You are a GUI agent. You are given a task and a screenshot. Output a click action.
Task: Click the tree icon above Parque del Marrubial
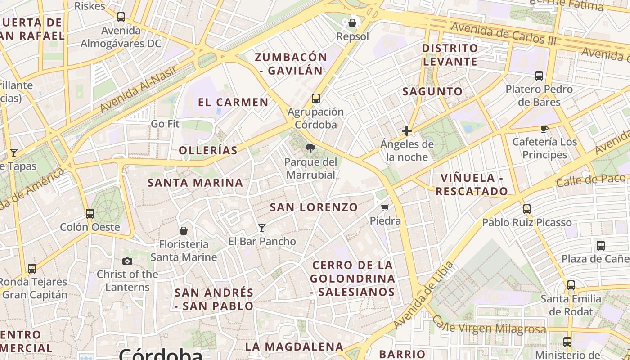(310, 148)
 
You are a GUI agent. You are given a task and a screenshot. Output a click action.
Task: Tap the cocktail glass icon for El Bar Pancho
(262, 228)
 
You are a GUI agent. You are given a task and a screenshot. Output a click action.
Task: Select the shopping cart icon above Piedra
(385, 208)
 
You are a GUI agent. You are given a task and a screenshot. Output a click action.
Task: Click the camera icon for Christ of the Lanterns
(127, 261)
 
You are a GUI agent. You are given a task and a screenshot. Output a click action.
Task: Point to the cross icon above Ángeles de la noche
(407, 131)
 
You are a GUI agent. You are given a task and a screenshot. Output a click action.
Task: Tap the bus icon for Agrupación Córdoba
(316, 99)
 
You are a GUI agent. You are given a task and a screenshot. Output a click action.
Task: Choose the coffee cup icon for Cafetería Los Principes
(544, 129)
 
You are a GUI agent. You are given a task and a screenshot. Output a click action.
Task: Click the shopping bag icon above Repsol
(353, 22)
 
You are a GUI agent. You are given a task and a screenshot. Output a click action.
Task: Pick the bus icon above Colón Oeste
(90, 213)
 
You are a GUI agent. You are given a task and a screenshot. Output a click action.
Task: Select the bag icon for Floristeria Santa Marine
(183, 231)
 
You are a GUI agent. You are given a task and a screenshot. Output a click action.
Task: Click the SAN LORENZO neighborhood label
(314, 207)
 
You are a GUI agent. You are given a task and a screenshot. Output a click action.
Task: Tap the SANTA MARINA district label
(195, 183)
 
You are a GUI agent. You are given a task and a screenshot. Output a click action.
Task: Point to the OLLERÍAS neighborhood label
(208, 150)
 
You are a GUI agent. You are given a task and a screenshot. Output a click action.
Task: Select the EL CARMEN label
(233, 102)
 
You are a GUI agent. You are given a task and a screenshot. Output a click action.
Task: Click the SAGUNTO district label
(432, 91)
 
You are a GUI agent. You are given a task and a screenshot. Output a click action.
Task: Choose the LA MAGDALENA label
(294, 347)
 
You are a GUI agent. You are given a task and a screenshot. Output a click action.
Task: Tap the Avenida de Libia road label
(423, 295)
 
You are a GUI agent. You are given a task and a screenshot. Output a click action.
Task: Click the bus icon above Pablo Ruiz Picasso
(527, 209)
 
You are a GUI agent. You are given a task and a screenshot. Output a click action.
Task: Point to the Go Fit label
(165, 124)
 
